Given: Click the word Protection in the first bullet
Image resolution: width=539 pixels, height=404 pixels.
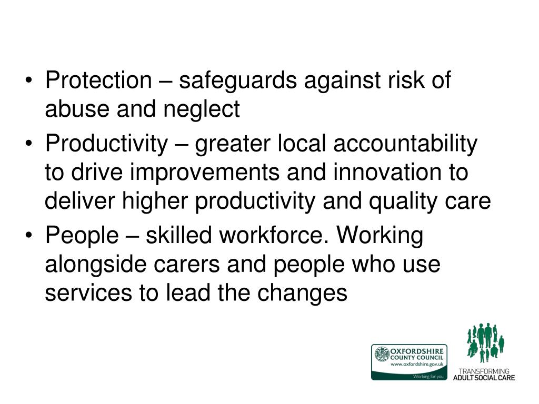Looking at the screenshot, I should pyautogui.click(x=98, y=80).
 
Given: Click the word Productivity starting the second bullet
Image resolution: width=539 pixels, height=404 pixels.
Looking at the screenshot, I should pyautogui.click(x=105, y=144).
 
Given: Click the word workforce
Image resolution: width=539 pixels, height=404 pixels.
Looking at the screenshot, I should pyautogui.click(x=272, y=236).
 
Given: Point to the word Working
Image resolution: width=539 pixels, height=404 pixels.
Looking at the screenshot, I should pyautogui.click(x=380, y=236).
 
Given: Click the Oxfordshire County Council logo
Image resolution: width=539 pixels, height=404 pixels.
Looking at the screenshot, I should pyautogui.click(x=409, y=362).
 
